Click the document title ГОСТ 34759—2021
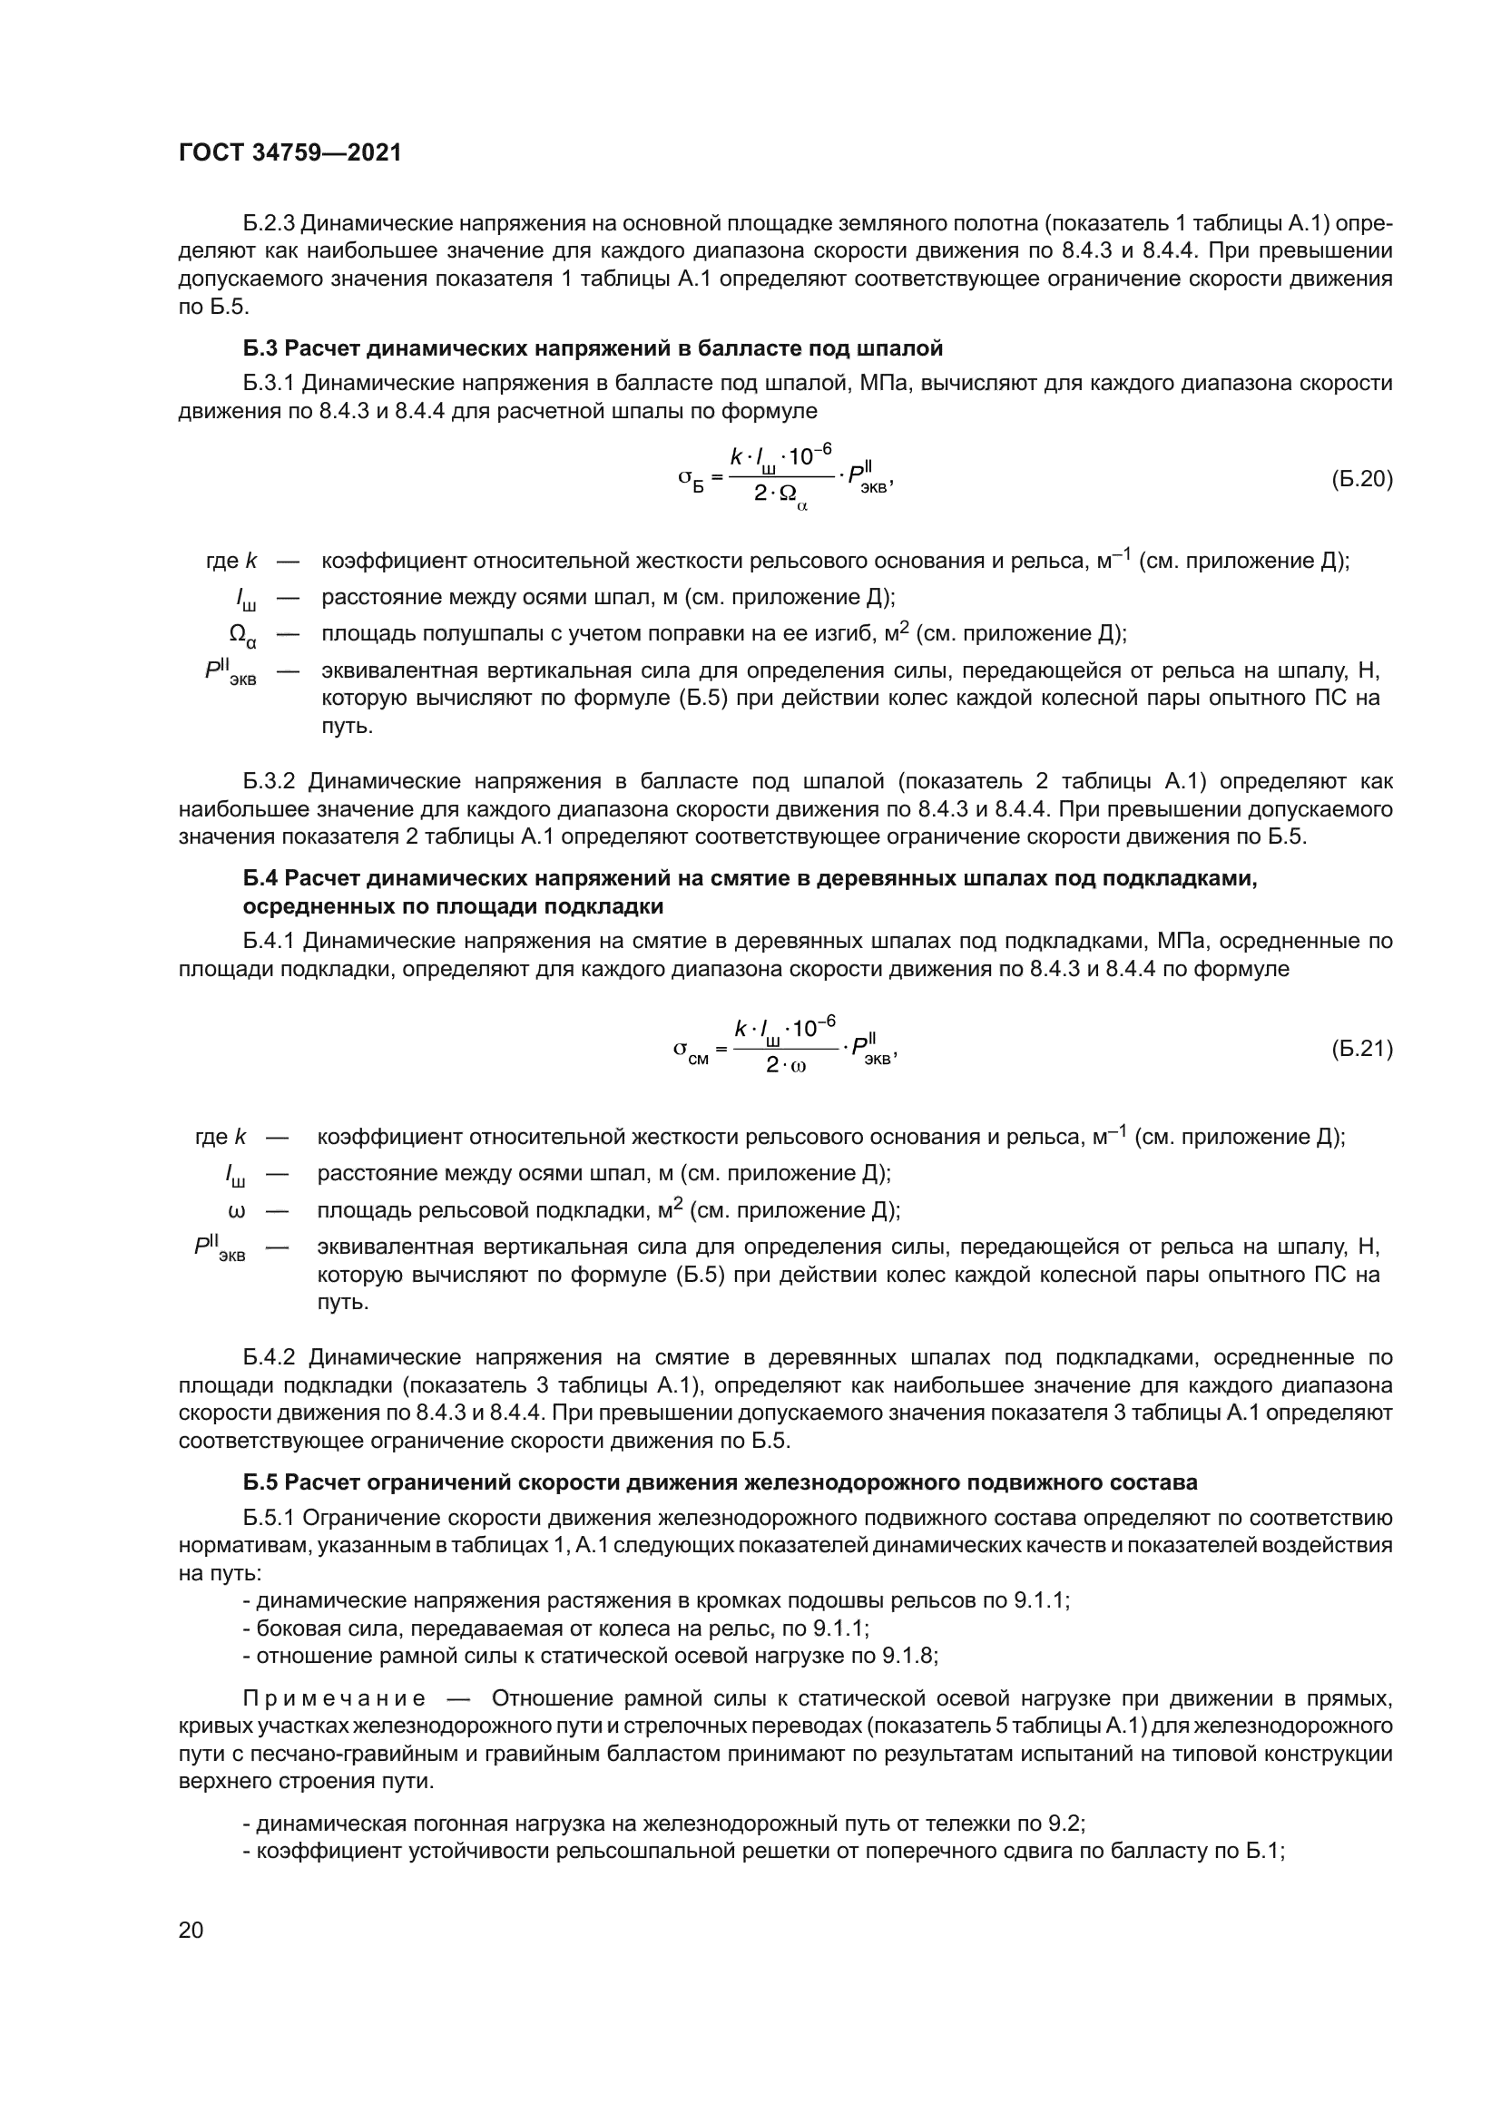[x=290, y=153]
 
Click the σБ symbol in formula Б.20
[x=692, y=479]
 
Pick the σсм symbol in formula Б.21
[x=691, y=1051]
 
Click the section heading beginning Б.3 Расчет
[x=593, y=348]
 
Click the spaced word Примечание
[x=335, y=1698]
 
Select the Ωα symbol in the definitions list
[x=242, y=635]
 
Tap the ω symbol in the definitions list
[x=236, y=1211]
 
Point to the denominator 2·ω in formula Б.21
[x=786, y=1065]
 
